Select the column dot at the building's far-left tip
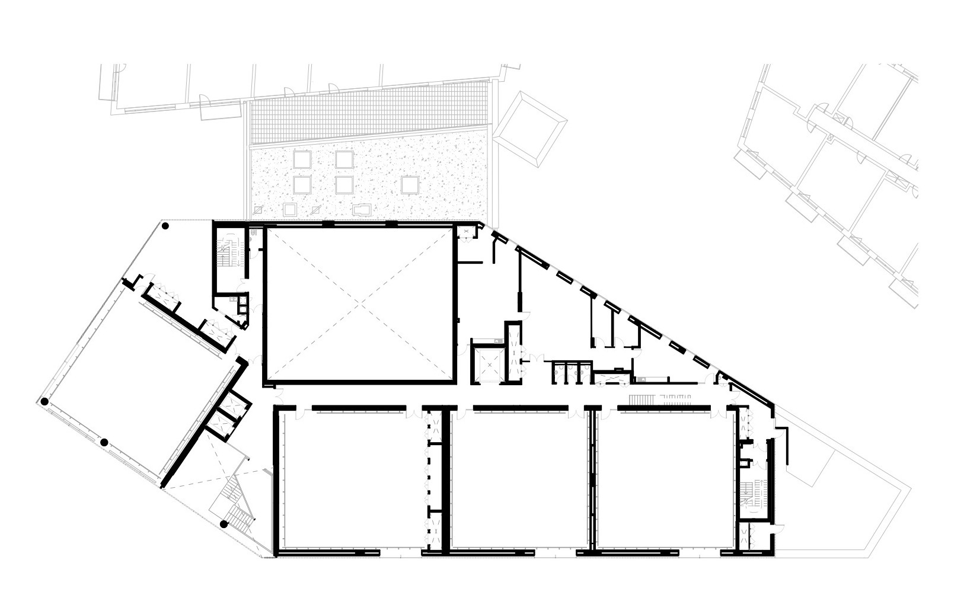point(44,401)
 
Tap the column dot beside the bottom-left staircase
point(224,524)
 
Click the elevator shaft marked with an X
point(487,363)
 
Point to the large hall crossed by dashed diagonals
point(360,303)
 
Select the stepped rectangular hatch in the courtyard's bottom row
point(361,210)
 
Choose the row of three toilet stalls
point(569,370)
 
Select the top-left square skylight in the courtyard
point(302,158)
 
